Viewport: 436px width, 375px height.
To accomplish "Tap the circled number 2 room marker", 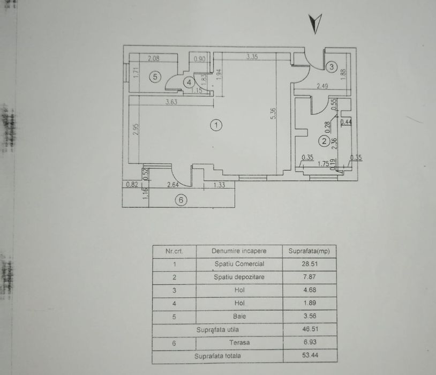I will pyautogui.click(x=324, y=141).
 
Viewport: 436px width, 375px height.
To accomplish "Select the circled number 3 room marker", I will pyautogui.click(x=332, y=67).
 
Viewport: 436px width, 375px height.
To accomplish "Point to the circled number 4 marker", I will pyautogui.click(x=189, y=82).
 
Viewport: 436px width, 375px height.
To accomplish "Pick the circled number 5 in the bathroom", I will pyautogui.click(x=155, y=77).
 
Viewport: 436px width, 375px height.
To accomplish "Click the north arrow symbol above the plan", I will pyautogui.click(x=317, y=24).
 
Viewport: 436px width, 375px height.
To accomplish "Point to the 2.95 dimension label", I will pyautogui.click(x=136, y=129).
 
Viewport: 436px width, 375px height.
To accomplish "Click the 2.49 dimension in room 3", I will pyautogui.click(x=321, y=85).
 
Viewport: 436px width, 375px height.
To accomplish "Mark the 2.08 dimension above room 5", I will pyautogui.click(x=153, y=59).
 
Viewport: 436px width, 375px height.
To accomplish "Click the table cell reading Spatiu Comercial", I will pyautogui.click(x=239, y=264).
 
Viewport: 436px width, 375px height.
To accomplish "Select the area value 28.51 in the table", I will pyautogui.click(x=311, y=264).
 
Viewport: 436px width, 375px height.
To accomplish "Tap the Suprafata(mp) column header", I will pyautogui.click(x=309, y=251).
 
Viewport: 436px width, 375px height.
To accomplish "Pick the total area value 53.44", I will pyautogui.click(x=311, y=355).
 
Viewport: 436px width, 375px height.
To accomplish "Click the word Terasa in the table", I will pyautogui.click(x=239, y=342).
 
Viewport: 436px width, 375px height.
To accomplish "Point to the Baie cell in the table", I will pyautogui.click(x=239, y=316).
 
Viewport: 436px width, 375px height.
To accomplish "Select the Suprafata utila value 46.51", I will pyautogui.click(x=311, y=329).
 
